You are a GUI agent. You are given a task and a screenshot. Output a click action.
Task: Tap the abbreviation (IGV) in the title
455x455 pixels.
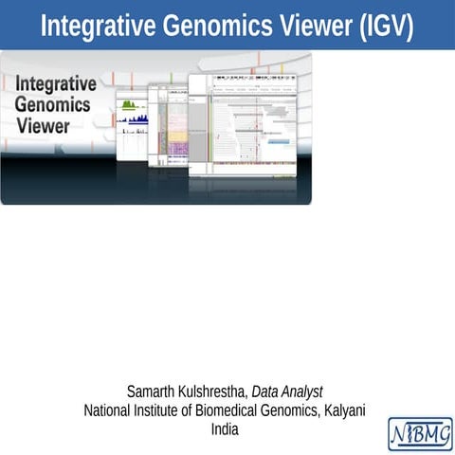pyautogui.click(x=385, y=26)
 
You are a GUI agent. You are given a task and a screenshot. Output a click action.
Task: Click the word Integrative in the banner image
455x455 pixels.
pyautogui.click(x=55, y=84)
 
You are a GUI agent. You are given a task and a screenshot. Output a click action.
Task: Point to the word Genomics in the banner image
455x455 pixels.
pyautogui.click(x=52, y=104)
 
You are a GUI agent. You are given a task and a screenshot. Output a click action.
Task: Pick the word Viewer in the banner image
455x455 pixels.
pyautogui.click(x=43, y=124)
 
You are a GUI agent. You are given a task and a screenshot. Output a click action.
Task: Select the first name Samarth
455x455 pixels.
pyautogui.click(x=152, y=391)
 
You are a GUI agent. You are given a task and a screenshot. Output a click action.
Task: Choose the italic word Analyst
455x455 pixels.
pyautogui.click(x=305, y=391)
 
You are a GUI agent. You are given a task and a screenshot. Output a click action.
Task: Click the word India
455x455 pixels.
pyautogui.click(x=226, y=429)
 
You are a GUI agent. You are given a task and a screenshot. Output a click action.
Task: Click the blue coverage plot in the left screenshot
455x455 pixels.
pyautogui.click(x=133, y=120)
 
